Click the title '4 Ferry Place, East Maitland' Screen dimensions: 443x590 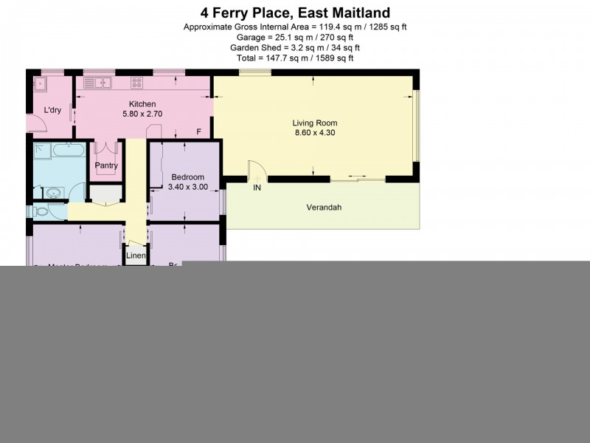tap(295, 13)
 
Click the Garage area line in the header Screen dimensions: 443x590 tap(295, 37)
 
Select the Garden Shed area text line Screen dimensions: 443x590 tap(295, 47)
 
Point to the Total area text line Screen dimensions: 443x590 tap(295, 58)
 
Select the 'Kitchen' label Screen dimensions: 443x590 tap(142, 104)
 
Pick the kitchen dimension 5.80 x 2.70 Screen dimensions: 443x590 tap(142, 114)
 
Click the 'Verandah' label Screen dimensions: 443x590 tap(324, 207)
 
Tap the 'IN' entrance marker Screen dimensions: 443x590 tap(257, 188)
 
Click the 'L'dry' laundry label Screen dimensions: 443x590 tap(52, 110)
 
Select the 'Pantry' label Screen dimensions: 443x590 tap(106, 165)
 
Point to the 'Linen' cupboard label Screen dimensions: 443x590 tap(136, 256)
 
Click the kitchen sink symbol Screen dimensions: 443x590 tap(97, 83)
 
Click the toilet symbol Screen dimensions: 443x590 tap(41, 212)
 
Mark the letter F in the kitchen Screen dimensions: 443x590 tap(198, 132)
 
